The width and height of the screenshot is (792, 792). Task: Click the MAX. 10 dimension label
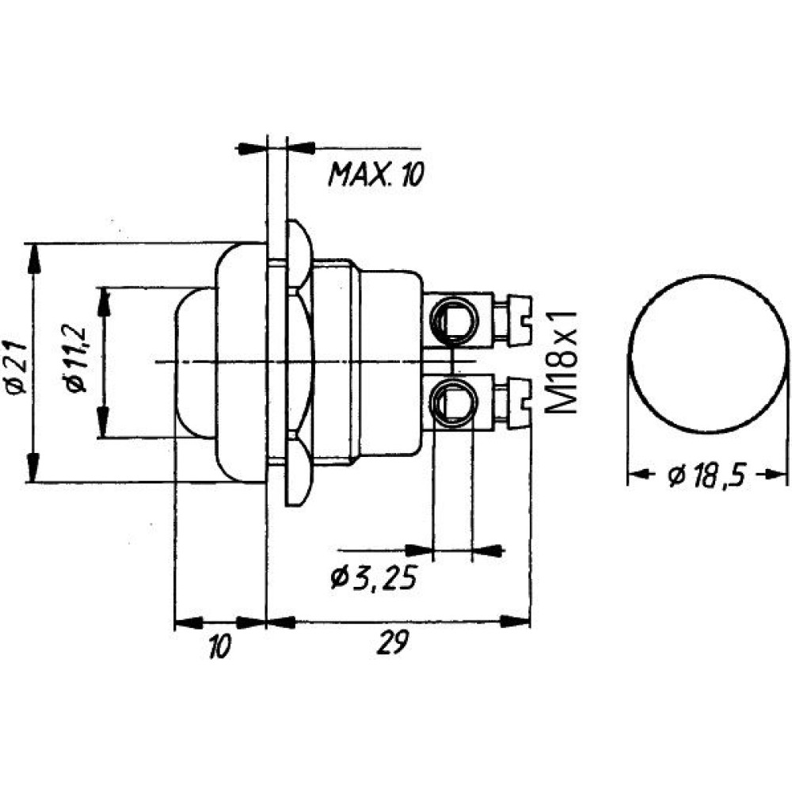(x=376, y=174)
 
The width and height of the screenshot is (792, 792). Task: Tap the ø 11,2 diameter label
(x=74, y=359)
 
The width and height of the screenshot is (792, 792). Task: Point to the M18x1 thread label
(x=562, y=363)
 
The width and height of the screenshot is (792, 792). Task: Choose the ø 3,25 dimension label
(x=375, y=578)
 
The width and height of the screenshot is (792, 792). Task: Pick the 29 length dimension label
(x=393, y=644)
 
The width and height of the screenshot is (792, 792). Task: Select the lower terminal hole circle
(x=452, y=402)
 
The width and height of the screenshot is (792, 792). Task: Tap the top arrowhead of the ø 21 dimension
(x=34, y=258)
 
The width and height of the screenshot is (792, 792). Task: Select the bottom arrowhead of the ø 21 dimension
(x=33, y=467)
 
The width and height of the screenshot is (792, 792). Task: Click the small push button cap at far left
(x=195, y=363)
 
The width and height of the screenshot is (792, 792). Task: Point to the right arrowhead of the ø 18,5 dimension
(x=775, y=474)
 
